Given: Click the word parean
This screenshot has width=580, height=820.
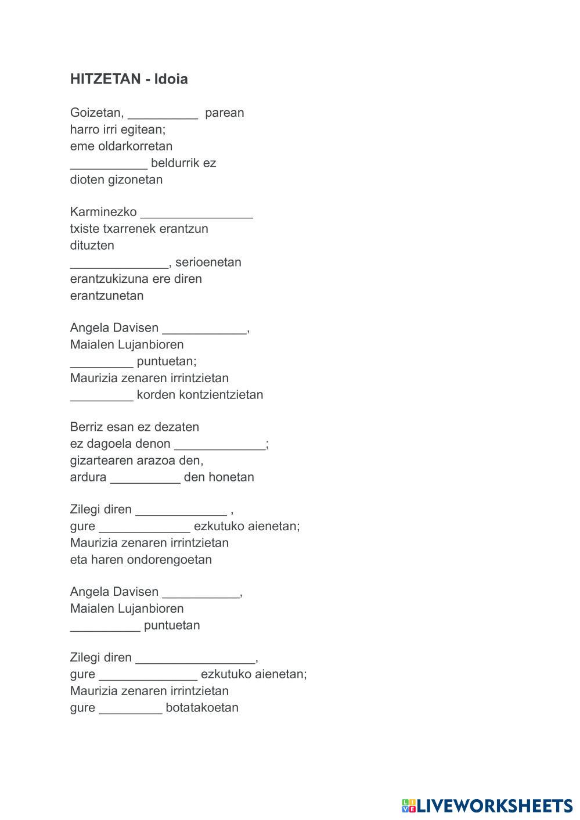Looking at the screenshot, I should pyautogui.click(x=225, y=113).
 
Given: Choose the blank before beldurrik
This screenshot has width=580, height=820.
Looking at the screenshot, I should pyautogui.click(x=109, y=164).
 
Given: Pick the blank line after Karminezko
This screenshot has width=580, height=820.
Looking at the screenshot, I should pyautogui.click(x=197, y=213).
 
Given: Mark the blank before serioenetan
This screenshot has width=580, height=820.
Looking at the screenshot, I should pyautogui.click(x=119, y=263).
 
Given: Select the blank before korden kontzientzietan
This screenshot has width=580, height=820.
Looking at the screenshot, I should pyautogui.click(x=102, y=395).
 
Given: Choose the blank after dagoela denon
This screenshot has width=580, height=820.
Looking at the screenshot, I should pyautogui.click(x=220, y=445).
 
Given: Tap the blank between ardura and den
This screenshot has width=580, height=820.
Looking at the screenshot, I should pyautogui.click(x=145, y=478).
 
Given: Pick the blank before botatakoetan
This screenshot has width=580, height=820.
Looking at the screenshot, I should pyautogui.click(x=131, y=708).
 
